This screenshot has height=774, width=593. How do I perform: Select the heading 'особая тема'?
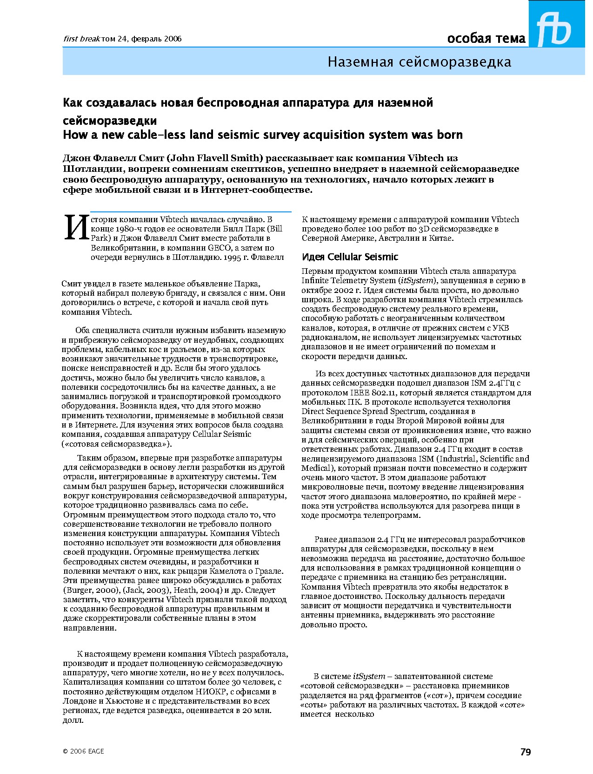coord(486,39)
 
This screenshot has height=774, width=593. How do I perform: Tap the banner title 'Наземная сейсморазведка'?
coord(419,62)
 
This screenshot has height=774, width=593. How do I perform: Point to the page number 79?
coord(526,752)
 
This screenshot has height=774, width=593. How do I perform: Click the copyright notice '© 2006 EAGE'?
coord(83,751)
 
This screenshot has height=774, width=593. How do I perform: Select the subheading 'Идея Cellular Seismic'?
coord(350,257)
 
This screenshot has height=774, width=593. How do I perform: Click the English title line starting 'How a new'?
coord(263,135)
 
